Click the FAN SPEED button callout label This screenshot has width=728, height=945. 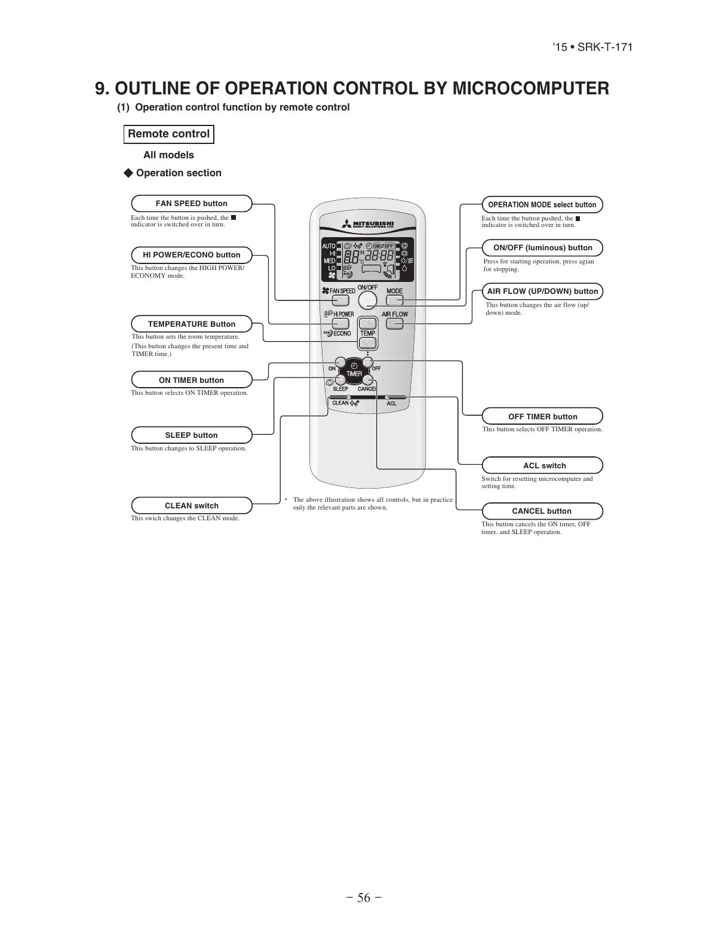pos(191,204)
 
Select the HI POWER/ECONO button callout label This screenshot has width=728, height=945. pos(191,255)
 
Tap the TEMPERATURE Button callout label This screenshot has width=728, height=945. pos(191,324)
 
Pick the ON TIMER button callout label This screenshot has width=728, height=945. pos(191,380)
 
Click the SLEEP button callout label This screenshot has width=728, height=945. pos(191,435)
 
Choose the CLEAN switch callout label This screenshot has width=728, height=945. pos(191,506)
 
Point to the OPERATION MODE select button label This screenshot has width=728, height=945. pos(542,205)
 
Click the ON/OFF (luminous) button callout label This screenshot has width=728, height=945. pos(542,248)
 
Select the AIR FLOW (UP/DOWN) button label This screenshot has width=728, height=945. pos(542,292)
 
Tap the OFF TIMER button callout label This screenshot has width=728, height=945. pos(542,417)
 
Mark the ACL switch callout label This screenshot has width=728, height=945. pos(542,466)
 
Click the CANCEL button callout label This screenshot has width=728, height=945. pos(542,511)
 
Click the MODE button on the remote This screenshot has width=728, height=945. pos(395,300)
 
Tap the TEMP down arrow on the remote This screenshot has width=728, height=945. pos(368,343)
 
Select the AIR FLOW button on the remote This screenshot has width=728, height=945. pos(395,324)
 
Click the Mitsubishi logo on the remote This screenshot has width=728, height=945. pos(368,225)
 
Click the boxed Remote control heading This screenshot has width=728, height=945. pos(168,134)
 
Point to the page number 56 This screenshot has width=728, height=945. pos(364,898)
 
